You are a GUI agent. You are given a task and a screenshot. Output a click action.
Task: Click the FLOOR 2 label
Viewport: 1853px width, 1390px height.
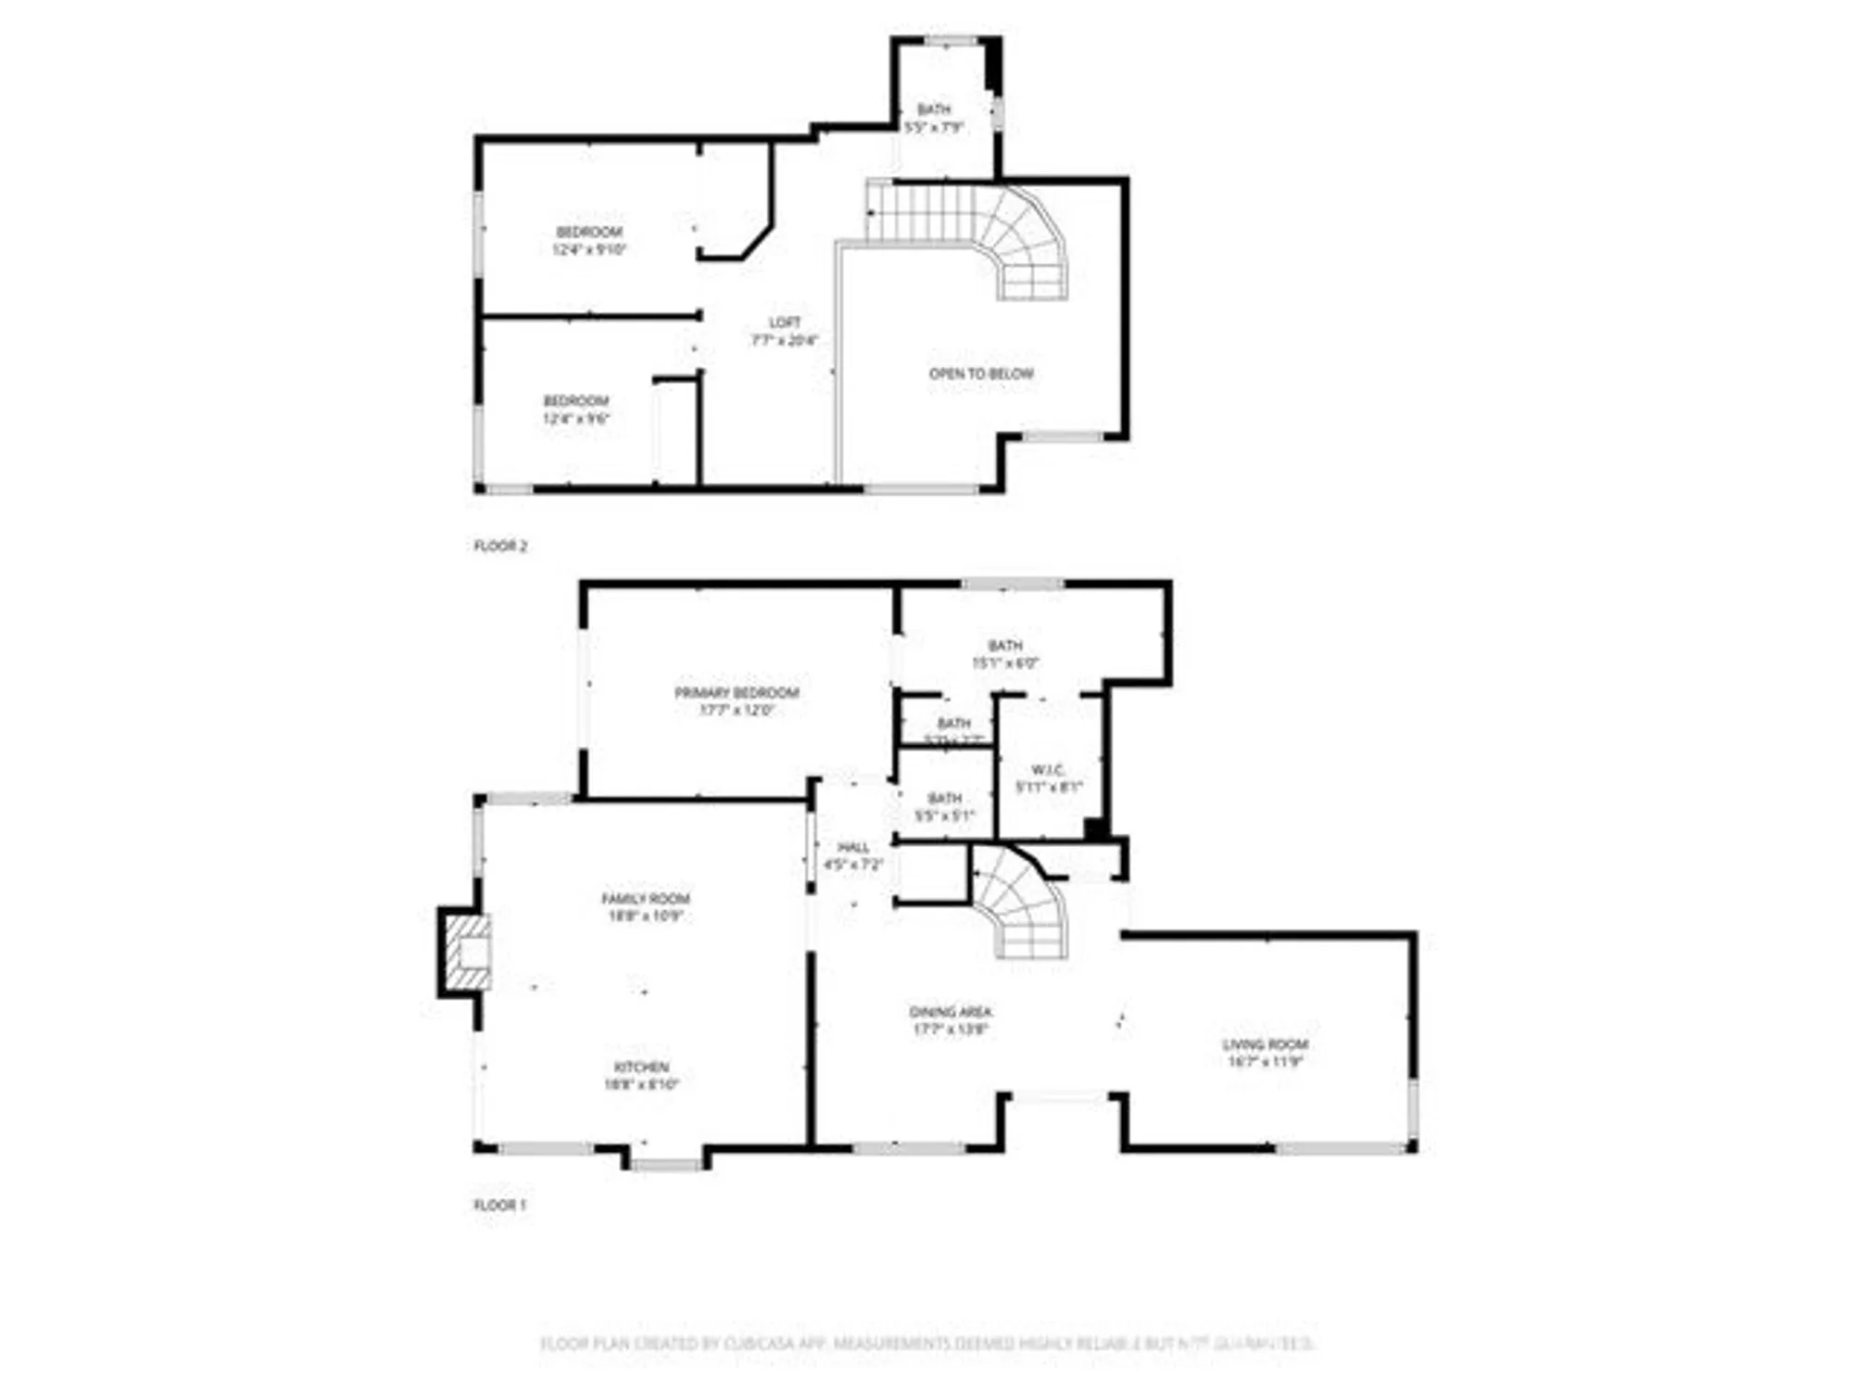point(500,546)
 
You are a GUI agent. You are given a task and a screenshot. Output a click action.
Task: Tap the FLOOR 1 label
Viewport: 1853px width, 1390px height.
point(499,1205)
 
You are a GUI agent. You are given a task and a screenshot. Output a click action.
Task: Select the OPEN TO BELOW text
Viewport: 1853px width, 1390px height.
point(981,373)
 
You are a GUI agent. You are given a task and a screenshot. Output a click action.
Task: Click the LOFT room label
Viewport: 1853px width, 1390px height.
point(785,322)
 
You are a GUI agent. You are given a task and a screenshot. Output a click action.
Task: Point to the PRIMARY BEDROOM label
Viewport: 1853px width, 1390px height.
point(737,692)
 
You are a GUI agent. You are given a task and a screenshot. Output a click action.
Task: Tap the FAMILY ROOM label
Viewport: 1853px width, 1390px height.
point(646,898)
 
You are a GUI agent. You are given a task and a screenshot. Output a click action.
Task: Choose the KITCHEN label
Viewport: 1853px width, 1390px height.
point(641,1067)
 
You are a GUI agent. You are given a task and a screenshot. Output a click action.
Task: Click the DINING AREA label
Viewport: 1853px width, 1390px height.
point(951,1012)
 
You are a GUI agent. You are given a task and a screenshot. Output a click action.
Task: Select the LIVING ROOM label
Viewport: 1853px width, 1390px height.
point(1265,1044)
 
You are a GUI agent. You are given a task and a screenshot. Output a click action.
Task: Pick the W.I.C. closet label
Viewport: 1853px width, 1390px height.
point(1048,770)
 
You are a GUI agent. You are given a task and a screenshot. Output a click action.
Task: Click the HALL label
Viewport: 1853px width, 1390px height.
point(853,847)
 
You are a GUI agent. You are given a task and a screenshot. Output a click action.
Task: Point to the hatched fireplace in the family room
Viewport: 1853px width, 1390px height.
point(468,952)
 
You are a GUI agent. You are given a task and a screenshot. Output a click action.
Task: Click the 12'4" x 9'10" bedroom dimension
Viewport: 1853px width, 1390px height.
point(589,249)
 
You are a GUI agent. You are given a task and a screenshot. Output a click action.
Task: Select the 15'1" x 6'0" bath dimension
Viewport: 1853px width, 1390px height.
point(1005,663)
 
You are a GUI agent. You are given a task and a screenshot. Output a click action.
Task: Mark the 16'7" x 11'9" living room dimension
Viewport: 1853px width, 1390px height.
point(1265,1062)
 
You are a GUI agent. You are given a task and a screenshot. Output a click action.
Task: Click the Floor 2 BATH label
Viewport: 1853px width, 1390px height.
point(934,109)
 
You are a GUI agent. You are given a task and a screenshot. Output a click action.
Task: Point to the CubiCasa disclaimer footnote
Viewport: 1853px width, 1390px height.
point(926,1343)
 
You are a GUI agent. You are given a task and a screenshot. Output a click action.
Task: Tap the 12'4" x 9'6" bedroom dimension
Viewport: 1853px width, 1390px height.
point(576,418)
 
